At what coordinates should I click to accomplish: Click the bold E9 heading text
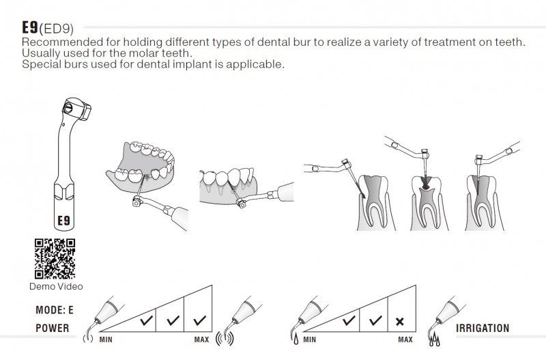[30, 27]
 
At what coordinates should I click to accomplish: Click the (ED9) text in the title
[57, 29]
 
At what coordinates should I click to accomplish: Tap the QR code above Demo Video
[55, 259]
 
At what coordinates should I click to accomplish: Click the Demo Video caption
[56, 286]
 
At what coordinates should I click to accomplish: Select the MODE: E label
[55, 310]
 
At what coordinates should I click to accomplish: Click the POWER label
[53, 328]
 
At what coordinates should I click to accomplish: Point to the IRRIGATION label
[483, 328]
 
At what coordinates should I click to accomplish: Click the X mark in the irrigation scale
[400, 321]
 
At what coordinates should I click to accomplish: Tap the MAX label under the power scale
[201, 340]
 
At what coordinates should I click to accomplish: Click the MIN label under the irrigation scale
[310, 340]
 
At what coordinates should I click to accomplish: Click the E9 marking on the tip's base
[63, 220]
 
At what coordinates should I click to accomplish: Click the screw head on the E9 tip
[68, 107]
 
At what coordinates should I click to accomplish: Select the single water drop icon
[296, 339]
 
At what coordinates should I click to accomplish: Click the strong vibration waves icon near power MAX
[225, 338]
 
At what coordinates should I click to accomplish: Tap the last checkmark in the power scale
[199, 320]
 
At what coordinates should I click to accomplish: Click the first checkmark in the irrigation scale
[349, 320]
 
